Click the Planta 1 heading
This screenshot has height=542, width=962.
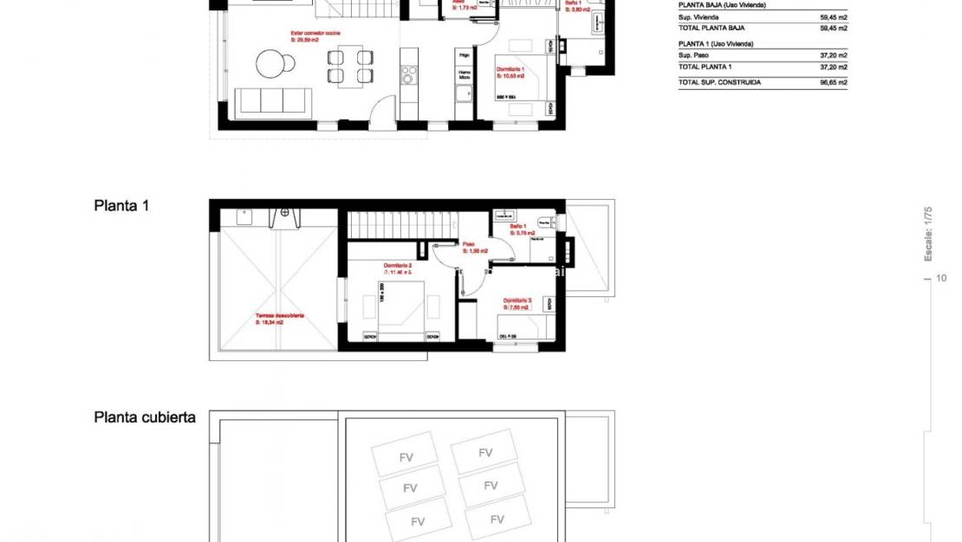click(121, 206)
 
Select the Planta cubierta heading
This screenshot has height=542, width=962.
click(145, 417)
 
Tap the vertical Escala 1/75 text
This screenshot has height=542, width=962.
click(928, 234)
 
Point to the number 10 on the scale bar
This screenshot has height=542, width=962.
click(942, 278)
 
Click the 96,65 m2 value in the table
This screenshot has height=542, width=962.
click(833, 82)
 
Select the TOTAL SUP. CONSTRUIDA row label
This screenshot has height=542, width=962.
click(719, 82)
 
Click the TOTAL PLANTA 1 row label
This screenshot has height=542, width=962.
click(705, 67)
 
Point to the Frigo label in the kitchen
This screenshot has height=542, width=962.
click(465, 55)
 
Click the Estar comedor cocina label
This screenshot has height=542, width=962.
click(315, 33)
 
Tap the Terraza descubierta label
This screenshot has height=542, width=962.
click(279, 316)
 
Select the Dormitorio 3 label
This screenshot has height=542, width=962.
click(517, 300)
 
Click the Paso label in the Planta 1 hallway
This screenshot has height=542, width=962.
click(468, 244)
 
